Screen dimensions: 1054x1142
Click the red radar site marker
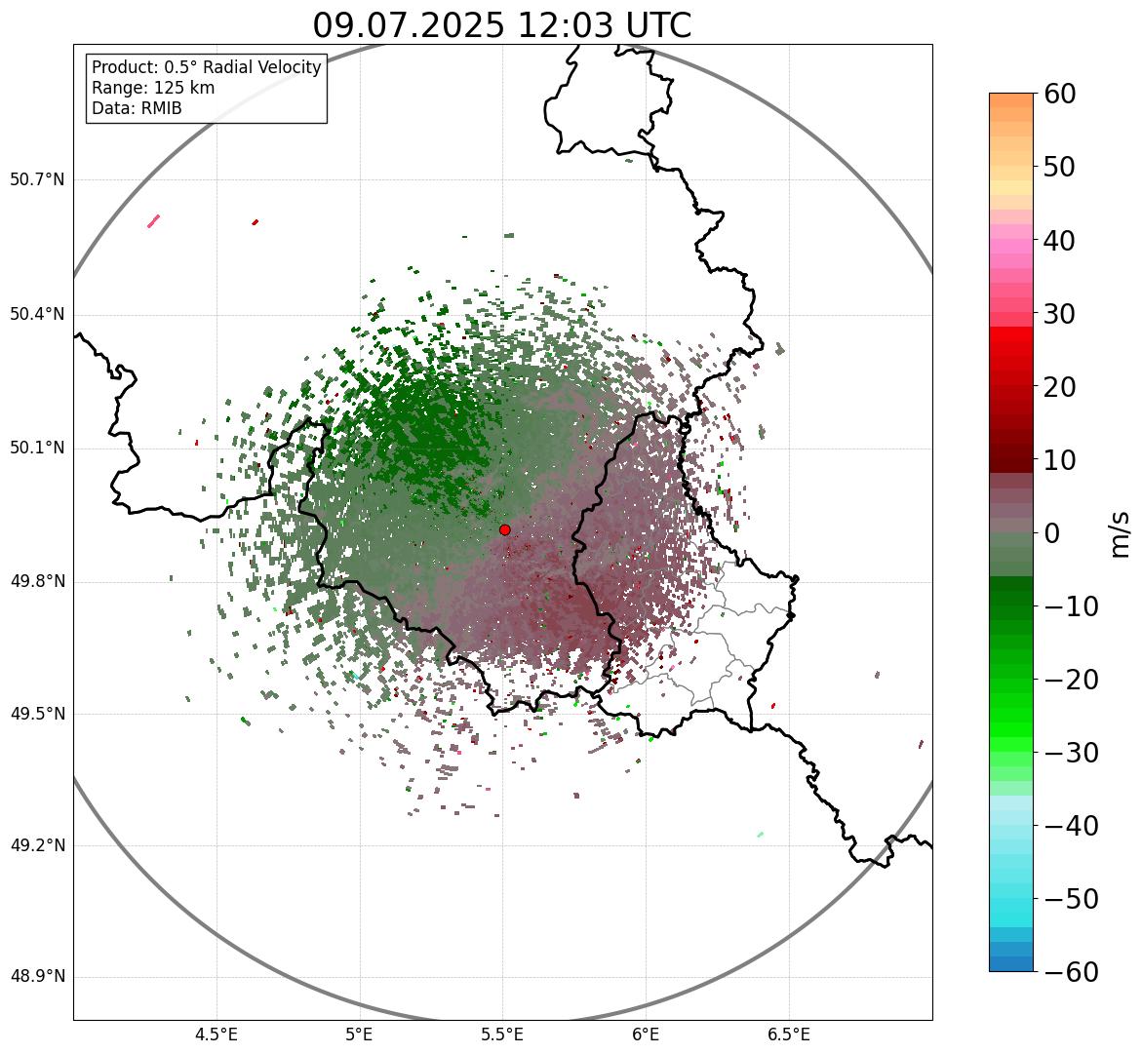pyautogui.click(x=504, y=529)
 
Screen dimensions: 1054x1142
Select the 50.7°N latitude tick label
pyautogui.click(x=37, y=180)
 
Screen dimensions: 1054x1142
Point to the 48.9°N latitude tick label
pyautogui.click(x=37, y=978)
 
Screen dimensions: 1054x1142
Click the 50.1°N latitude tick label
pyautogui.click(x=37, y=449)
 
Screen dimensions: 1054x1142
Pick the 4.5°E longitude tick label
pyautogui.click(x=217, y=1035)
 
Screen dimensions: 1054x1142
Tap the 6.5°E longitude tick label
pyautogui.click(x=789, y=1035)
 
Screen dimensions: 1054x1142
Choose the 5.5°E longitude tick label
pyautogui.click(x=502, y=1035)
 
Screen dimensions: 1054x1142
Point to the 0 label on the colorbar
pyautogui.click(x=1053, y=533)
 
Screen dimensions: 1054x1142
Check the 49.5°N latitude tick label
pyautogui.click(x=37, y=714)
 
